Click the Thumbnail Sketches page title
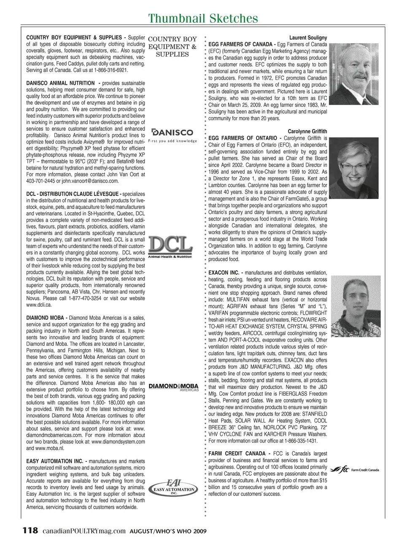click(x=203, y=18)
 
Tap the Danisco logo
click(x=172, y=135)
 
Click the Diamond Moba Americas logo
click(x=173, y=387)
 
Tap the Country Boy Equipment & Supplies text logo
click(x=172, y=46)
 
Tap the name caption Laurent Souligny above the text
click(x=308, y=38)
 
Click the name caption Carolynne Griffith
click(x=307, y=131)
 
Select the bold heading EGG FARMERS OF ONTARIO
click(x=243, y=138)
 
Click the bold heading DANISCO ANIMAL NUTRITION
click(x=60, y=83)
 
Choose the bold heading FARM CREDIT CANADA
click(x=237, y=454)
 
